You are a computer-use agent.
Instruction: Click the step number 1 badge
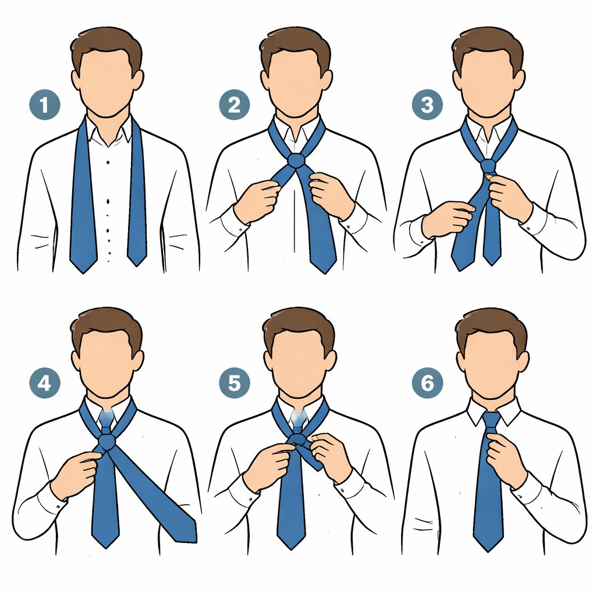tap(44, 105)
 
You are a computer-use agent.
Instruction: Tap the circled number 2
tap(234, 105)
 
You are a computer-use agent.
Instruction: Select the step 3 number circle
tap(427, 105)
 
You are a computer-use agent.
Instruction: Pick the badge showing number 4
tap(44, 383)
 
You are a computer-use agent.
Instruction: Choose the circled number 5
tap(234, 383)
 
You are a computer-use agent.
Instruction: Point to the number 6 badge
tap(427, 383)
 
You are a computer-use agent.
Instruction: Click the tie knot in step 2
tap(296, 161)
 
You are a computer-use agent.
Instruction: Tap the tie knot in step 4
tap(107, 442)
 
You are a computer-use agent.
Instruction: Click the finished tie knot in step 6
tap(492, 421)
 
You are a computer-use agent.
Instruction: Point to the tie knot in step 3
tap(488, 166)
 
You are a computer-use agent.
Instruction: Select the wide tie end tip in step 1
tap(84, 272)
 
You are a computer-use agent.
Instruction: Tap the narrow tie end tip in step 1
tap(137, 265)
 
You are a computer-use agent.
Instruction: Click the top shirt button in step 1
tap(108, 162)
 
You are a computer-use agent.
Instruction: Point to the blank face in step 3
tap(488, 84)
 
